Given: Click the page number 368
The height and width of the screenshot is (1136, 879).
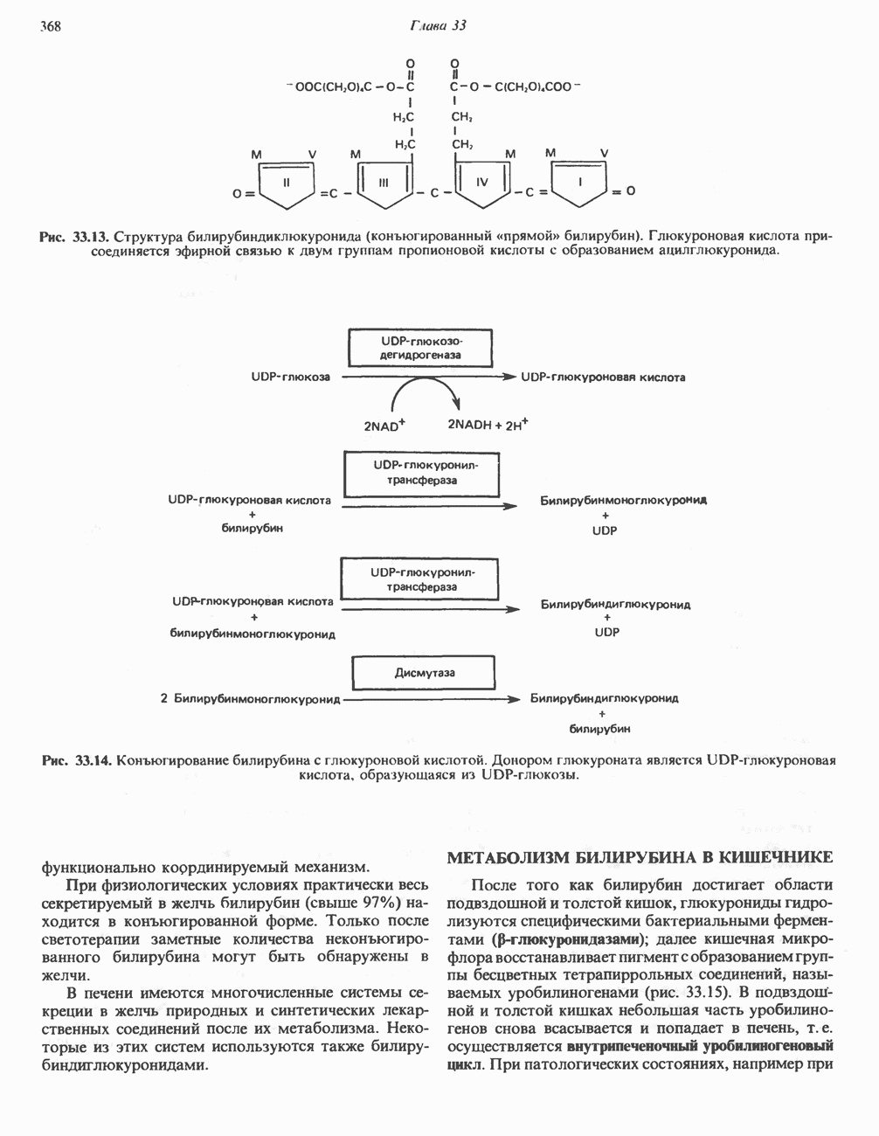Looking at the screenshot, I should [50, 25].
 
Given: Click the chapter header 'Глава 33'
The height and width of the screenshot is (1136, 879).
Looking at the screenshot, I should [438, 25].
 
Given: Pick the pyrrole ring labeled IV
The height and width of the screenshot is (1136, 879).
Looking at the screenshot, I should [481, 185].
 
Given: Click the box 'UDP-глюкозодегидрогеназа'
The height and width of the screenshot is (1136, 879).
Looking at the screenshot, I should [420, 348].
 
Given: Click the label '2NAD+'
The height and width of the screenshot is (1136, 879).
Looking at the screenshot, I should [385, 426].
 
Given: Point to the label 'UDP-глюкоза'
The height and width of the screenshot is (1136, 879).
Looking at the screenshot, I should [290, 378].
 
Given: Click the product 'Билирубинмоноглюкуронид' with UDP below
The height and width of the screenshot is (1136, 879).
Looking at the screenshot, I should [622, 501].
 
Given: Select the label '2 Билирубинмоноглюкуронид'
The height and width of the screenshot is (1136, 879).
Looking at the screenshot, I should [250, 699].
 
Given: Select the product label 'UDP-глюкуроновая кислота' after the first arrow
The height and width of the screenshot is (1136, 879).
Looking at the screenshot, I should [603, 378].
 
